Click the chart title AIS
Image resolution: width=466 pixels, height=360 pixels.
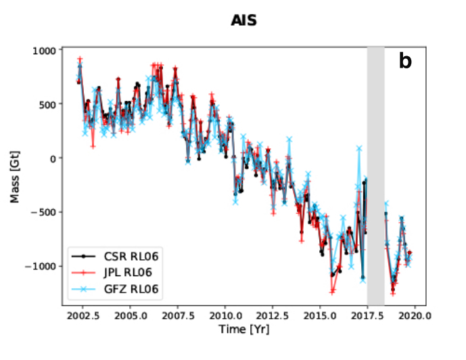pyautogui.click(x=244, y=22)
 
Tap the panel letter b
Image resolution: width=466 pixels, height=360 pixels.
pyautogui.click(x=404, y=62)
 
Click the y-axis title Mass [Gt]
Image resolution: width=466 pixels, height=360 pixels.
pyautogui.click(x=15, y=176)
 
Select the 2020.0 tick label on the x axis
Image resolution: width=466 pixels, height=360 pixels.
pyautogui.click(x=415, y=315)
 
